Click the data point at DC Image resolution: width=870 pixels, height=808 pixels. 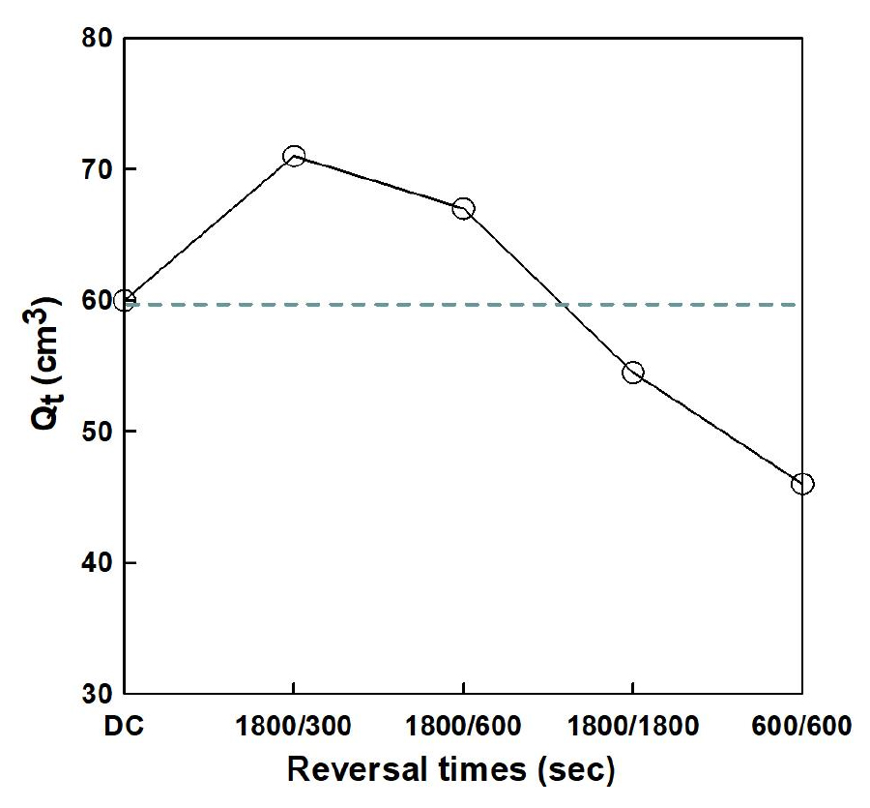pyautogui.click(x=125, y=300)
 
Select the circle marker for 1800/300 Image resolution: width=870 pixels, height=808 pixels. pyautogui.click(x=294, y=156)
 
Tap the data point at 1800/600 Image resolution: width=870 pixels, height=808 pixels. pyautogui.click(x=463, y=208)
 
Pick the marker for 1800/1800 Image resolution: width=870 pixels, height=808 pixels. pyautogui.click(x=633, y=373)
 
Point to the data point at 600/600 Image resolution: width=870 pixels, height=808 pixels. pyautogui.click(x=802, y=484)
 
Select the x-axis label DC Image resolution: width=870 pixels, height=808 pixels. pyautogui.click(x=125, y=727)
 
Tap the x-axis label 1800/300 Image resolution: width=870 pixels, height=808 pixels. pyautogui.click(x=294, y=727)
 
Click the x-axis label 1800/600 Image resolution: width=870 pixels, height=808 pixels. pyautogui.click(x=463, y=727)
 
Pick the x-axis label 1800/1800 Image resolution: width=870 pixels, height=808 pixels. pyautogui.click(x=633, y=727)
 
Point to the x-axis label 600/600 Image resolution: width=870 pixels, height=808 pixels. pyautogui.click(x=802, y=727)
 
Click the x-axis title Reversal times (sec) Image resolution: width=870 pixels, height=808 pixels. pyautogui.click(x=451, y=770)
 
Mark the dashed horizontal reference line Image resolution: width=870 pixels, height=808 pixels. pyautogui.click(x=387, y=305)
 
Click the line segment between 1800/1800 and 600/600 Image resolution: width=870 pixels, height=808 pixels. pyautogui.click(x=717, y=428)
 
